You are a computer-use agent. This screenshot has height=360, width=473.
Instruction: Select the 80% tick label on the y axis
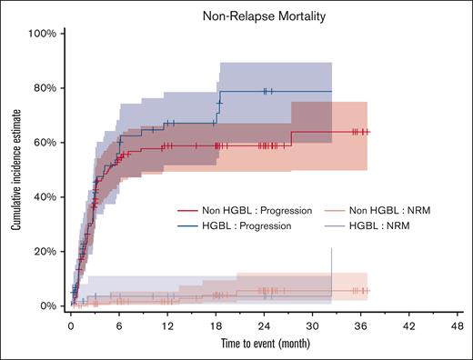45,88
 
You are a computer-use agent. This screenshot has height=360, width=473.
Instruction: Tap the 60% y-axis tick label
45,143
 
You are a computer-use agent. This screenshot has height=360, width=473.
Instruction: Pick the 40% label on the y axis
45,197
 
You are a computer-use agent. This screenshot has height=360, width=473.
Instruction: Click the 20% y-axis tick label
45,252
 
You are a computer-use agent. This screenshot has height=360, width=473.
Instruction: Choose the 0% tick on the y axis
48,306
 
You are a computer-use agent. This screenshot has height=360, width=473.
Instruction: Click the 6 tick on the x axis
119,325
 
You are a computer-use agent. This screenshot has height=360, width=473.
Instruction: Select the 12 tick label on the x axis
168,325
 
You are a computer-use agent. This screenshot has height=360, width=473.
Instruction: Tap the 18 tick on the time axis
216,325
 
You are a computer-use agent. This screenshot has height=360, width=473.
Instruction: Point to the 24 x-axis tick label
266,325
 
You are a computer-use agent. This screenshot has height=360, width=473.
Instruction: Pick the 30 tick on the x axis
315,325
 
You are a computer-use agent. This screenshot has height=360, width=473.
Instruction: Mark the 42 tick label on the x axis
412,325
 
